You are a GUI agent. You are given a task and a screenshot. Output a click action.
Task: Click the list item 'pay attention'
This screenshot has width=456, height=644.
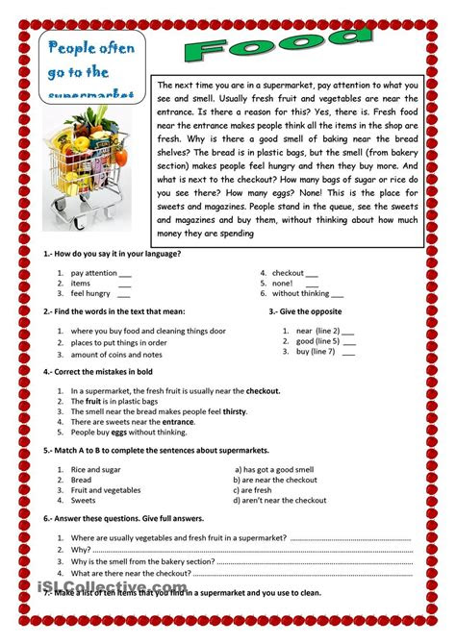tap(95, 273)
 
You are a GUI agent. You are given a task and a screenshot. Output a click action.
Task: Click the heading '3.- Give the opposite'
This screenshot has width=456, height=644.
tap(305, 311)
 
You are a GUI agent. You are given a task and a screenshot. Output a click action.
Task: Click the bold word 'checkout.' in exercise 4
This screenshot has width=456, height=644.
tap(263, 391)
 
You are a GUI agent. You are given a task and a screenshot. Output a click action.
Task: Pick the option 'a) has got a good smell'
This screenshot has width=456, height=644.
tap(275, 469)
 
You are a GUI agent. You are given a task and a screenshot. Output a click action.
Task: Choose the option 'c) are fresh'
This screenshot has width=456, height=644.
tap(255, 489)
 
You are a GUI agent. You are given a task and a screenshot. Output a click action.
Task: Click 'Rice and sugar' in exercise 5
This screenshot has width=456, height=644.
tap(95, 469)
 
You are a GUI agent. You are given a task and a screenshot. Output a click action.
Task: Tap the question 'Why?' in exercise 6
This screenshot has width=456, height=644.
tap(80, 551)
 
